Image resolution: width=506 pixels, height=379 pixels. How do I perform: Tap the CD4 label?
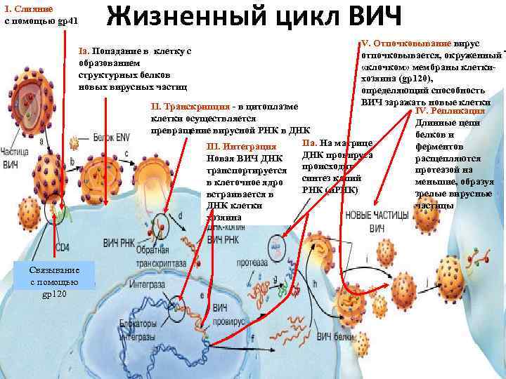(x=62, y=248)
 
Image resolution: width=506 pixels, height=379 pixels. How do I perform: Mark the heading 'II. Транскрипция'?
(x=190, y=106)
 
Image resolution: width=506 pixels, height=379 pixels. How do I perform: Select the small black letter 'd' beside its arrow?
(x=181, y=215)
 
